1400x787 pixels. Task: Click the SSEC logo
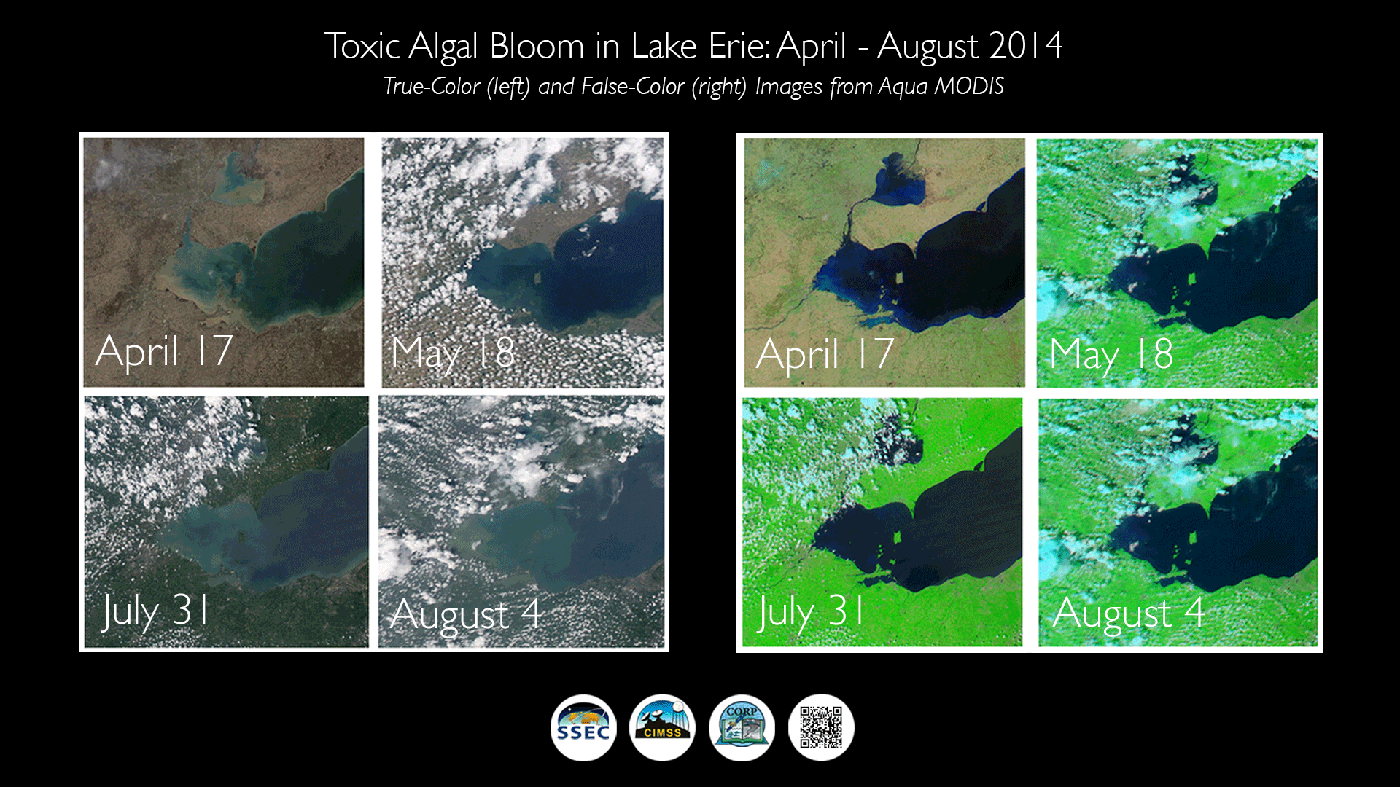(x=583, y=727)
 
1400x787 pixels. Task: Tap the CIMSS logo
(x=662, y=727)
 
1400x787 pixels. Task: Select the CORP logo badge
(x=742, y=727)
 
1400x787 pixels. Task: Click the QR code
(x=821, y=727)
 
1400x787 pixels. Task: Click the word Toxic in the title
(x=362, y=46)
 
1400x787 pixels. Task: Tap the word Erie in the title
(x=739, y=46)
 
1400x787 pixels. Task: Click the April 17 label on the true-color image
(x=164, y=351)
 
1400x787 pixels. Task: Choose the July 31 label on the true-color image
(x=155, y=611)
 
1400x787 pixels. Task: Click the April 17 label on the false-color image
(x=825, y=354)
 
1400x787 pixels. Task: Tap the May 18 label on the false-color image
(x=1111, y=356)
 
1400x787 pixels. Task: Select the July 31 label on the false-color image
(x=811, y=612)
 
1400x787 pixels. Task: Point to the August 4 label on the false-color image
(x=1128, y=614)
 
